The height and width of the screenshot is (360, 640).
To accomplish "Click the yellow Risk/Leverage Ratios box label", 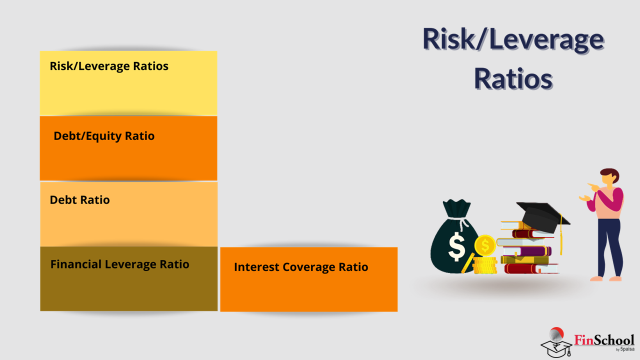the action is coord(109,66).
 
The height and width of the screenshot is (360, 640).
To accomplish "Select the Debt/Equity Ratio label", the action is coord(104,136).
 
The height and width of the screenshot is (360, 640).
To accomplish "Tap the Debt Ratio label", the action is coord(79,200).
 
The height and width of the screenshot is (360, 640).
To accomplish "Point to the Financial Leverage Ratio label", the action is coord(119,264).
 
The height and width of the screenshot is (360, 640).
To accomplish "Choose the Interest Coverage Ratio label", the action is coord(301,267).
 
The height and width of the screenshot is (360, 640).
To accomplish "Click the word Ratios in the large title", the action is coord(513,78).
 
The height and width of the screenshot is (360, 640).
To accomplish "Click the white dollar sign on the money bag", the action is coord(456,246).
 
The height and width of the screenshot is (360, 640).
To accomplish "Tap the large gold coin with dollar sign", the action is coord(485,245).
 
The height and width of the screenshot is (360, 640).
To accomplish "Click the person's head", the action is coord(609,176).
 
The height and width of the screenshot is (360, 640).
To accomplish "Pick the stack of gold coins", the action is coord(485,265).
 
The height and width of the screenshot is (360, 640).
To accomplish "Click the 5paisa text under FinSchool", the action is coord(627,349).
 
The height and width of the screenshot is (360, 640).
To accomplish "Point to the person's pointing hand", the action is coord(593,187).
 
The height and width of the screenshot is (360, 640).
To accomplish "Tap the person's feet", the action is coord(606,278).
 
